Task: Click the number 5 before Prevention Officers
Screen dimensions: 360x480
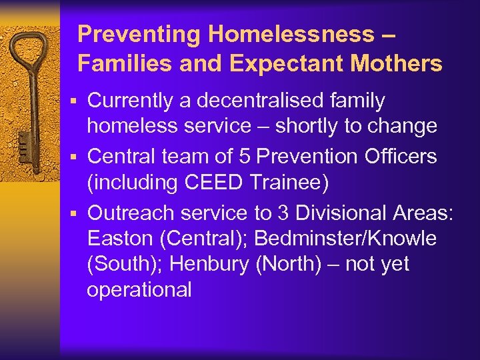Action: tap(245, 156)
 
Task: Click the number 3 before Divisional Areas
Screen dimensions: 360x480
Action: tap(283, 213)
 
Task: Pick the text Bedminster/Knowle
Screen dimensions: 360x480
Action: tap(345, 238)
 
